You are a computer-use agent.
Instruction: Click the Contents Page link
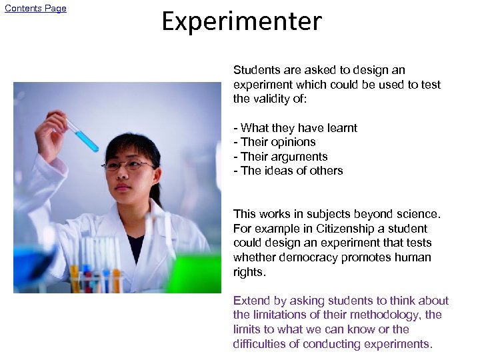click(x=35, y=9)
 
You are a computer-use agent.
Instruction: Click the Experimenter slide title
click(x=241, y=21)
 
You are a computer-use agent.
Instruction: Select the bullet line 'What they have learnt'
click(x=295, y=128)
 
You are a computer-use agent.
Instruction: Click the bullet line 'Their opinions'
click(x=275, y=142)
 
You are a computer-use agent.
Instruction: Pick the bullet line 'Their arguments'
click(x=281, y=157)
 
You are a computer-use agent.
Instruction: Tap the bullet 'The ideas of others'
click(x=288, y=171)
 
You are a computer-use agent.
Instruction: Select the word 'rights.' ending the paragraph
click(x=249, y=272)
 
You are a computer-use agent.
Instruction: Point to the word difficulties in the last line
click(x=260, y=344)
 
